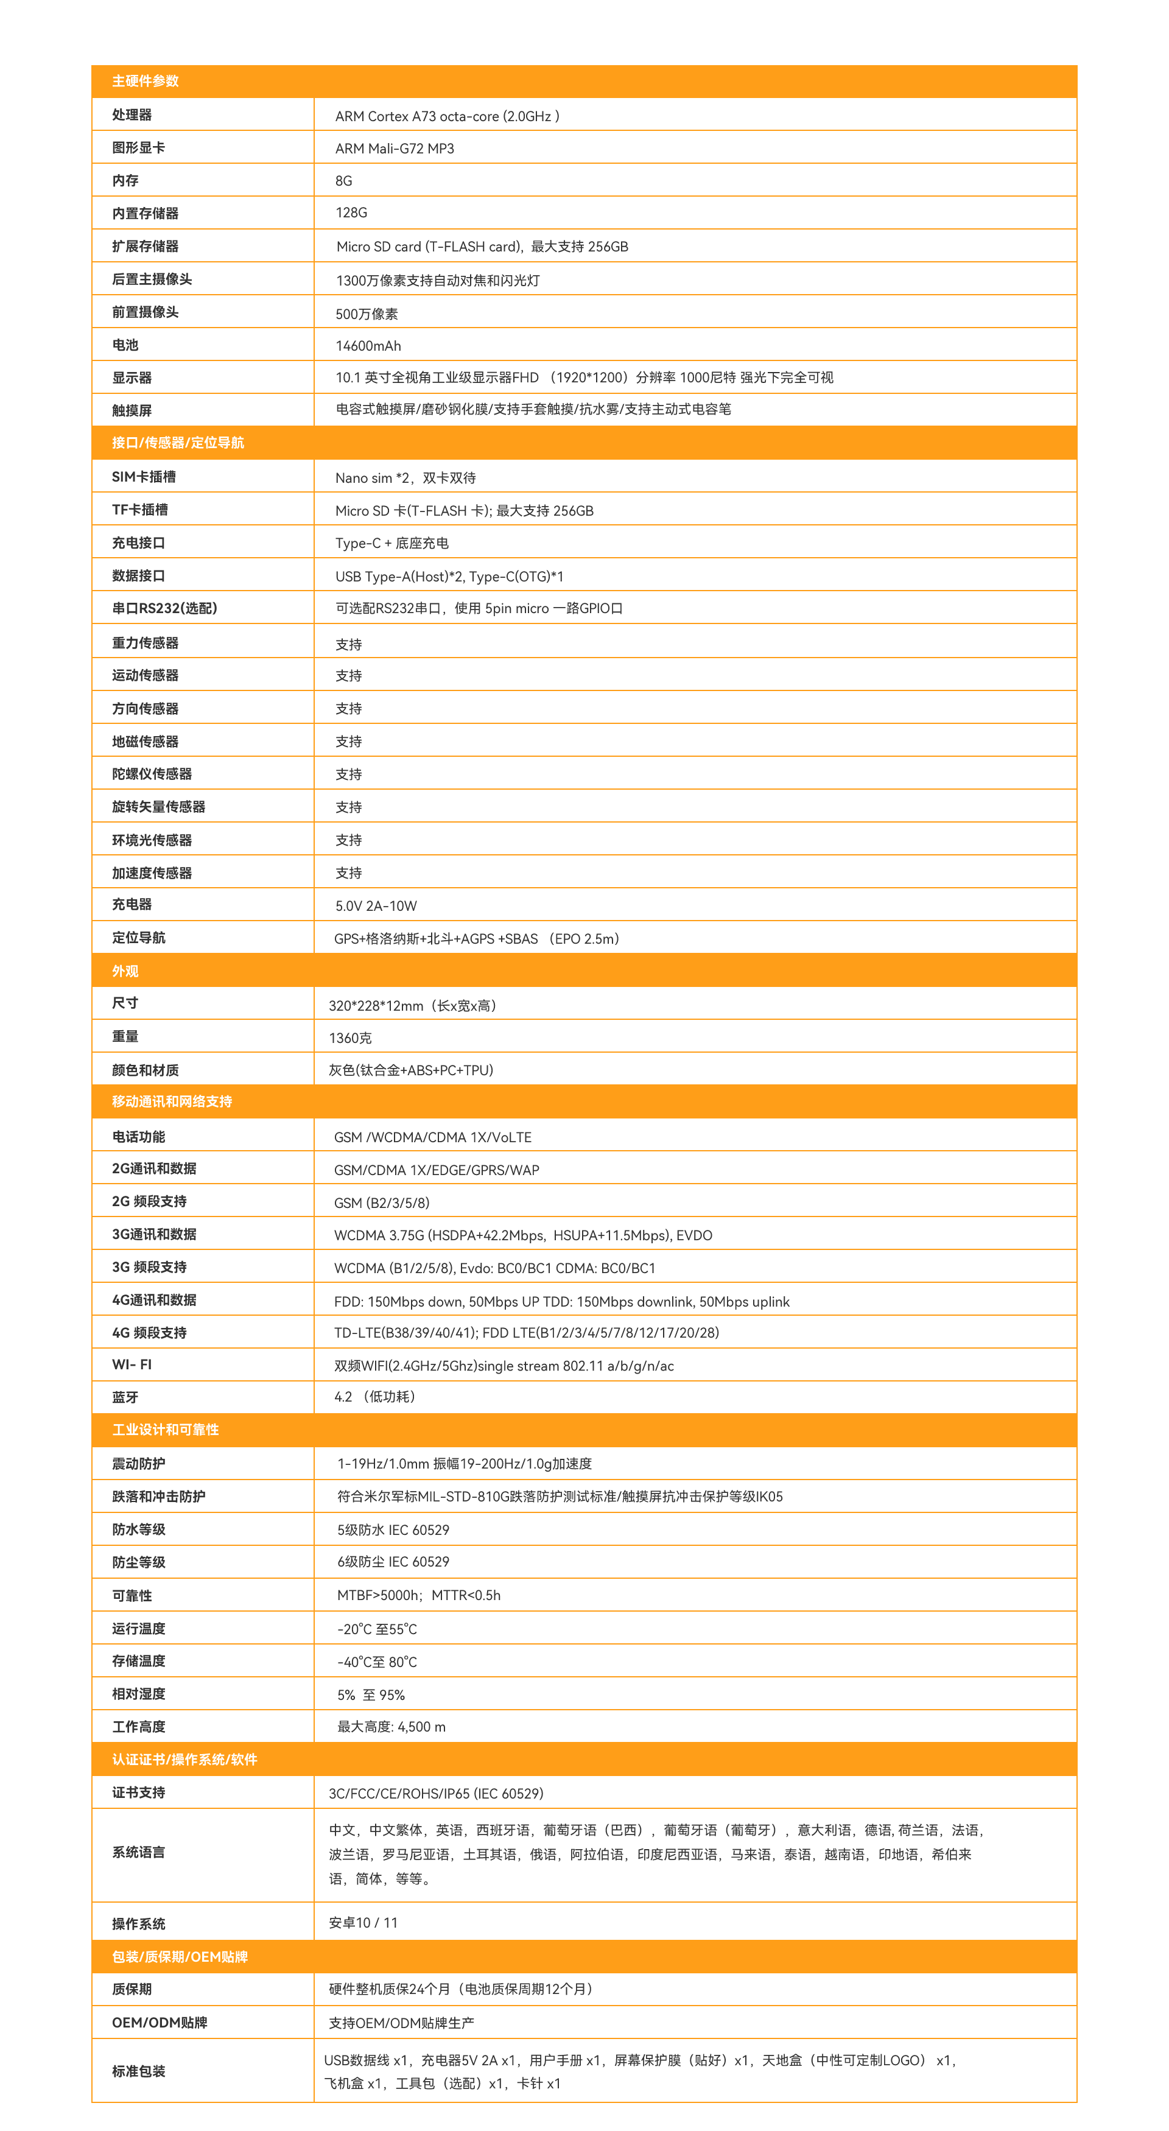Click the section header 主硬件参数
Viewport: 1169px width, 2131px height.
(x=145, y=81)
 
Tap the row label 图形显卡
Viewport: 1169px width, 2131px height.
(x=138, y=148)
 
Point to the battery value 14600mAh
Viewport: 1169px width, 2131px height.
(x=368, y=346)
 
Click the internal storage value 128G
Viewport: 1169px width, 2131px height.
(x=351, y=212)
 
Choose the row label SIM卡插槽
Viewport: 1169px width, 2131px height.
(x=143, y=477)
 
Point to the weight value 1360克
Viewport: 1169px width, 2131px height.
(x=350, y=1038)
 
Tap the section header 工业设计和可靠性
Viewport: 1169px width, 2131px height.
(x=166, y=1430)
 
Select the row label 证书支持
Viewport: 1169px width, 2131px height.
(x=138, y=1792)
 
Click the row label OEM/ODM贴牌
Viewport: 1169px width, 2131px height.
(x=159, y=2023)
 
